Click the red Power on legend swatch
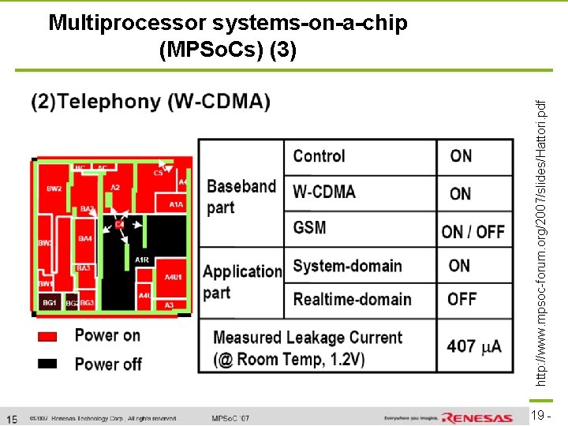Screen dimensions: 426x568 [48, 336]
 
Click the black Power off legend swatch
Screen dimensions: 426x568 [48, 364]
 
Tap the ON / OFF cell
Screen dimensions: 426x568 [473, 231]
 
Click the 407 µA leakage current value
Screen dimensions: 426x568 [473, 346]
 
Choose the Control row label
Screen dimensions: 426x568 [319, 156]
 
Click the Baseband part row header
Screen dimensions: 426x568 [241, 196]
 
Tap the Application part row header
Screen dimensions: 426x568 [241, 282]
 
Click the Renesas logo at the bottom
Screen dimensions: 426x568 [477, 417]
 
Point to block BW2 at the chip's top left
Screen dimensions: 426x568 [54, 189]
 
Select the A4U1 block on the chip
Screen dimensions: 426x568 [173, 278]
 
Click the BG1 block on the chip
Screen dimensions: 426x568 [50, 303]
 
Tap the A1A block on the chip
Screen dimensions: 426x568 [176, 204]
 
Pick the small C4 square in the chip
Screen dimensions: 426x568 [120, 225]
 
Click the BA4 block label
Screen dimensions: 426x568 [85, 238]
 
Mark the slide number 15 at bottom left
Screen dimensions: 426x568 [12, 418]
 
